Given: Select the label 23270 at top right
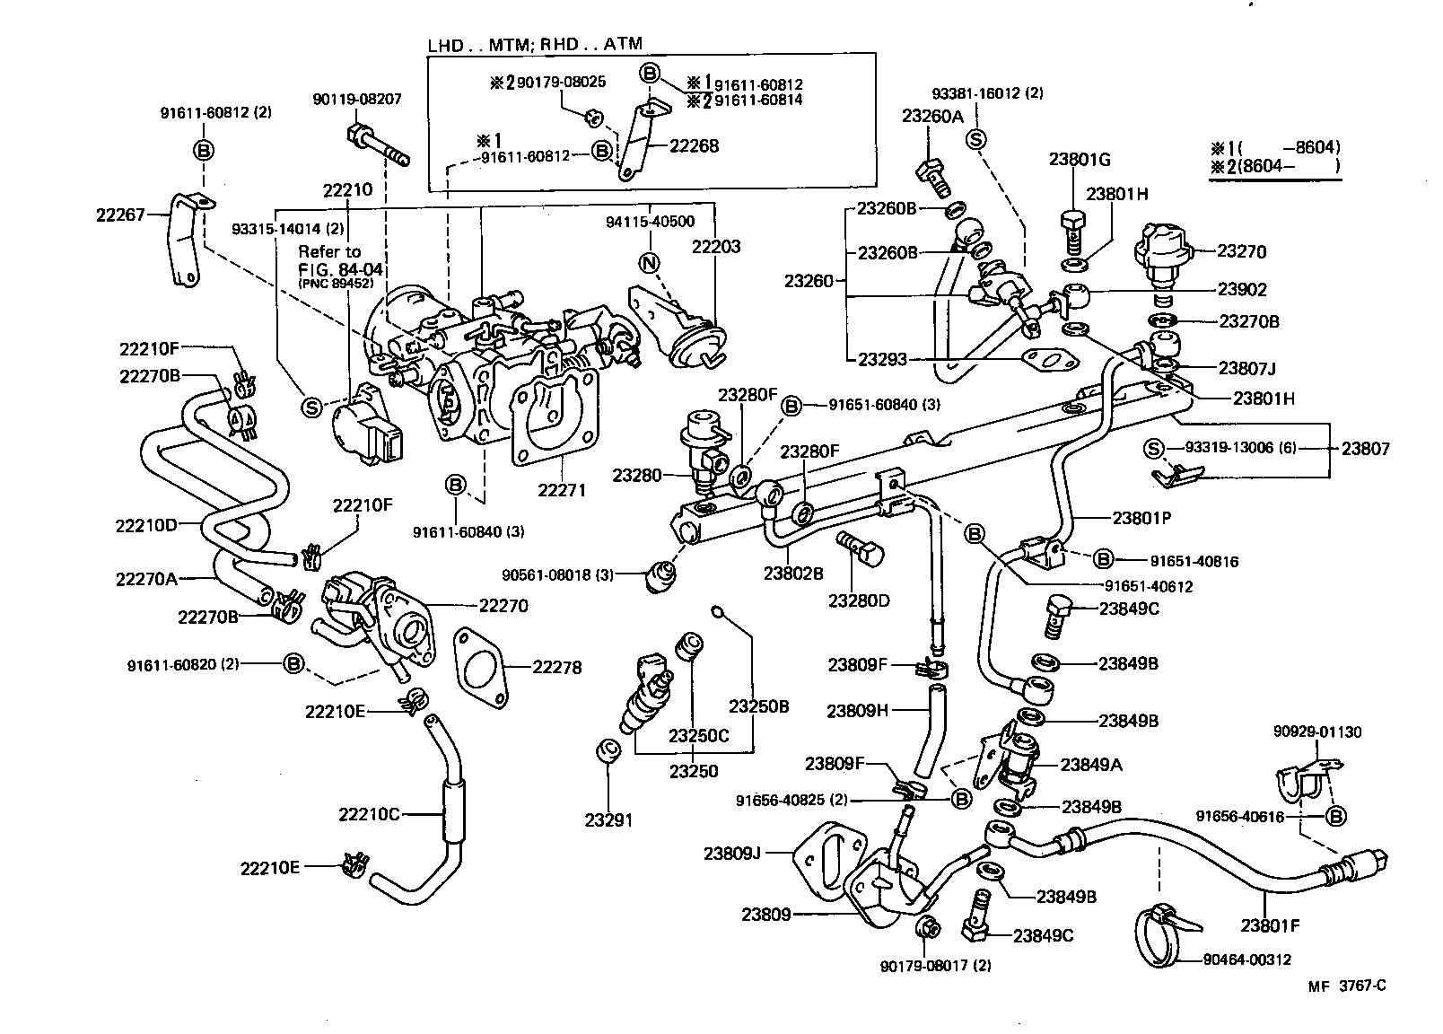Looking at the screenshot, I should point(1241,251).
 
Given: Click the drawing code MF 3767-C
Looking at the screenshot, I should point(1346,986).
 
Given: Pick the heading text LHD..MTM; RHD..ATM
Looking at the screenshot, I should point(535,43).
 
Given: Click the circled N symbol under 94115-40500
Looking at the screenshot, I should point(649,263).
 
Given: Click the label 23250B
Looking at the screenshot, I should point(758,706).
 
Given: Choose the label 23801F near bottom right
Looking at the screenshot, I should point(1271,924).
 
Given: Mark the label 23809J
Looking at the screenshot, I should point(731,853).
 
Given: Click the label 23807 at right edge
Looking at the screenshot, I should point(1365,448).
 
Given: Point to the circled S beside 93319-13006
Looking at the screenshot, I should point(1154,448).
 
